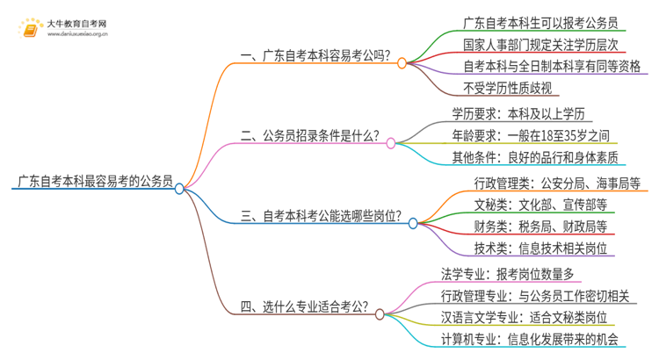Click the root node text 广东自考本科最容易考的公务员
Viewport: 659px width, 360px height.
pos(91,183)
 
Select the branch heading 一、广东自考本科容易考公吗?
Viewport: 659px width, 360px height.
pos(315,59)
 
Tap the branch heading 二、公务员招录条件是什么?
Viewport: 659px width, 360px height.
pos(310,137)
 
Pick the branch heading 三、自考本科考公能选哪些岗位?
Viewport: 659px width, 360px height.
pos(321,216)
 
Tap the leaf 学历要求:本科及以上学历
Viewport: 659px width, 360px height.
pos(522,114)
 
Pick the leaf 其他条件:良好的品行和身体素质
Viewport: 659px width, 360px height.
pos(534,158)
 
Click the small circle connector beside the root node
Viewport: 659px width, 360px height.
pos(179,188)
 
